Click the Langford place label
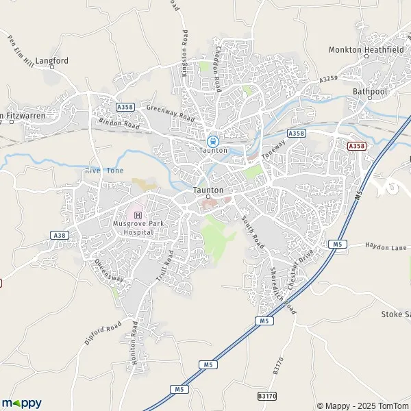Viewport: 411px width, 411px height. pos(52,60)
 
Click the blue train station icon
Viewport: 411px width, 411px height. pos(211,141)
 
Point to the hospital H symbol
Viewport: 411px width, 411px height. pos(129,215)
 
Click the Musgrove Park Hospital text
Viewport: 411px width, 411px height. pos(133,228)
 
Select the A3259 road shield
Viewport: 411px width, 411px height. pos(329,80)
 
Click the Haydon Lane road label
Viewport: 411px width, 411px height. pos(386,246)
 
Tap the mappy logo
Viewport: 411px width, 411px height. pos(21,403)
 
